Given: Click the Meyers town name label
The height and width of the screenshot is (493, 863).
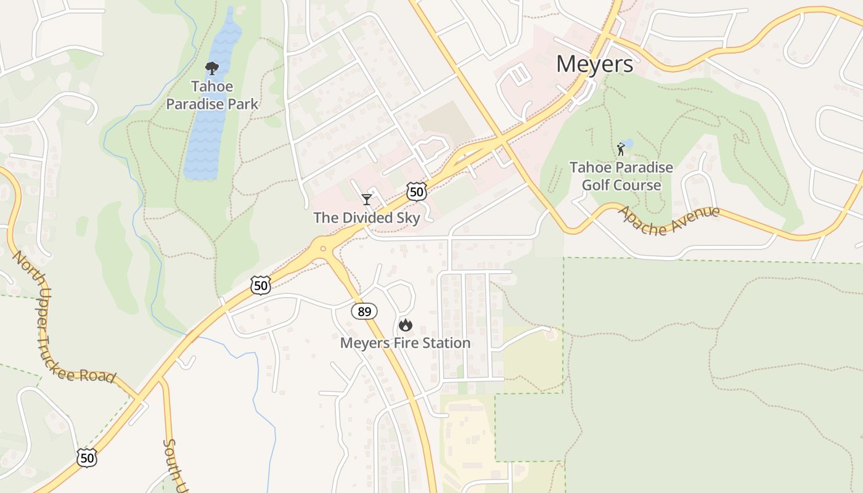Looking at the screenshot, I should coord(594,64).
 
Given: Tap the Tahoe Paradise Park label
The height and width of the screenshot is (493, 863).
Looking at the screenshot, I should coord(212,95).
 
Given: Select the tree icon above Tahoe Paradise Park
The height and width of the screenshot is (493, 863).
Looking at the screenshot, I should coord(212,68).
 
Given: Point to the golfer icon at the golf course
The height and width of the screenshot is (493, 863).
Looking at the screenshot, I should coord(621,149).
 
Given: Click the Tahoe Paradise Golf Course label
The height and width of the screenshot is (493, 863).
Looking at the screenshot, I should coord(621,176).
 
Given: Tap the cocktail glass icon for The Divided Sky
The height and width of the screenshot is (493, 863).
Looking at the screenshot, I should coord(367,199).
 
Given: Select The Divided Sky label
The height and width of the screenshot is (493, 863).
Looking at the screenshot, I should coord(367,218).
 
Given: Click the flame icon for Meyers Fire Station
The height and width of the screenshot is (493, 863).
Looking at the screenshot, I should coord(405,325).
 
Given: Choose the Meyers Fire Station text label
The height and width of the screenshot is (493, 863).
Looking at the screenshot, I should coord(405,343).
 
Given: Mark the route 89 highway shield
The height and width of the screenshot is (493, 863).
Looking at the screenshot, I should coord(364,311).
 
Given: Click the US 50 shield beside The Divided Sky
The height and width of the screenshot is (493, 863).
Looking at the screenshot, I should coord(417,192).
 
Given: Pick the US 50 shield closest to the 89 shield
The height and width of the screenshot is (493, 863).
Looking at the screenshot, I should coord(261,285).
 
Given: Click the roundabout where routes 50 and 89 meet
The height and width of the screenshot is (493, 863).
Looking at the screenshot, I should coord(322,248).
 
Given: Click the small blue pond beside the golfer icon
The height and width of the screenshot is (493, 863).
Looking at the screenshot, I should coord(628,144).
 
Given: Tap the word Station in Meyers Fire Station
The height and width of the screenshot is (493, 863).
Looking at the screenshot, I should coord(444,343).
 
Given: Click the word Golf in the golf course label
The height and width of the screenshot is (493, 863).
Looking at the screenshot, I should coord(595,185).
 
